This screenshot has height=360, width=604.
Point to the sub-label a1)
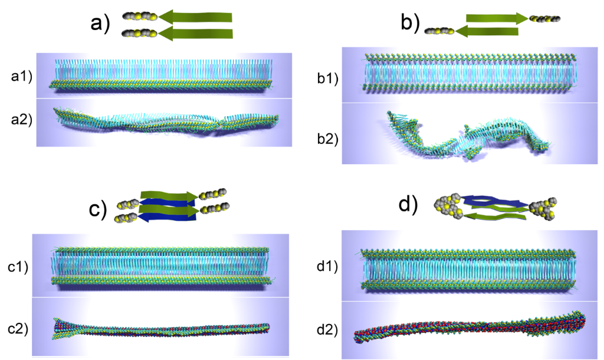pyautogui.click(x=22, y=76)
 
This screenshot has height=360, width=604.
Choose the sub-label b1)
pyautogui.click(x=327, y=77)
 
